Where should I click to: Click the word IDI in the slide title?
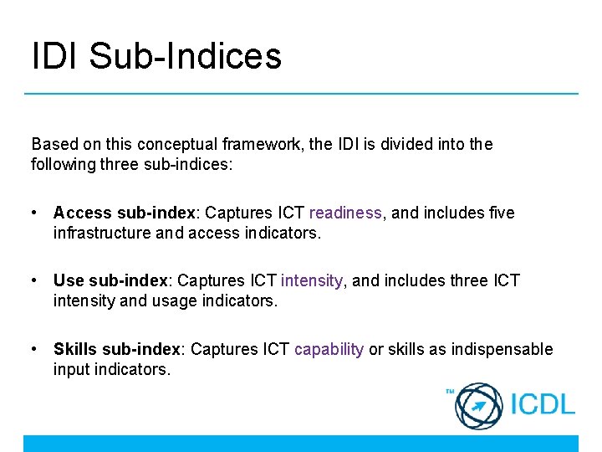56,56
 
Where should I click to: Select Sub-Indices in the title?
185,56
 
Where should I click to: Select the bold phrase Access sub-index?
125,213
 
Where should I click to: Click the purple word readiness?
344,213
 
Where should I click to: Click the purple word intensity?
312,280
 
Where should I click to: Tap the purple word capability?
329,349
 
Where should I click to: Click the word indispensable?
502,349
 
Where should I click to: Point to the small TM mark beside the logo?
449,391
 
